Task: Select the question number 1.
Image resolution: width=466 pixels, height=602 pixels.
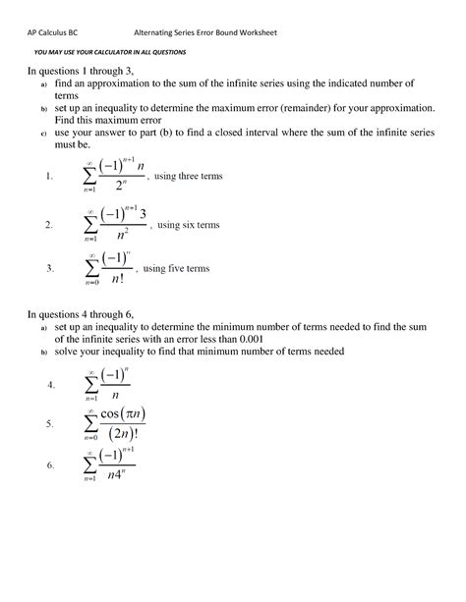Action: [x=48, y=178]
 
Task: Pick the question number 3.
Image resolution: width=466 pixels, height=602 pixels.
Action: [x=48, y=268]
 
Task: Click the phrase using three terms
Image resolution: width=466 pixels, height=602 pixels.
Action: [x=190, y=177]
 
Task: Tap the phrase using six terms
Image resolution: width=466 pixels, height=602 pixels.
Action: [x=188, y=226]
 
